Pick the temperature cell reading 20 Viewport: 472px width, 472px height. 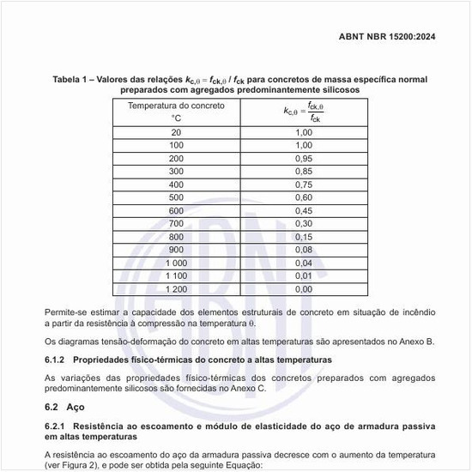[x=176, y=132]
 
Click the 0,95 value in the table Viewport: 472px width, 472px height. [x=304, y=159]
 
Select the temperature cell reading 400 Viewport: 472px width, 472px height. [x=176, y=185]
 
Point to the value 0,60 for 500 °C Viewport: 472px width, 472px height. [x=304, y=197]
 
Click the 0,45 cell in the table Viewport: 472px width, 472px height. [x=304, y=210]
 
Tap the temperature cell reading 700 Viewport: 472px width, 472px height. [x=176, y=223]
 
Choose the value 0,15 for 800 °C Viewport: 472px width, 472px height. [x=304, y=237]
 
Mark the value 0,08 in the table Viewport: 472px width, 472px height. [x=304, y=250]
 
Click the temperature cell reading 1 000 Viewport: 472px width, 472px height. [x=176, y=263]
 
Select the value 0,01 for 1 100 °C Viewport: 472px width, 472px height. [x=304, y=275]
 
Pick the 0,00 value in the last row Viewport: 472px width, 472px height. [x=304, y=289]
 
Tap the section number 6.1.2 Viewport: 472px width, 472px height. [x=55, y=359]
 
